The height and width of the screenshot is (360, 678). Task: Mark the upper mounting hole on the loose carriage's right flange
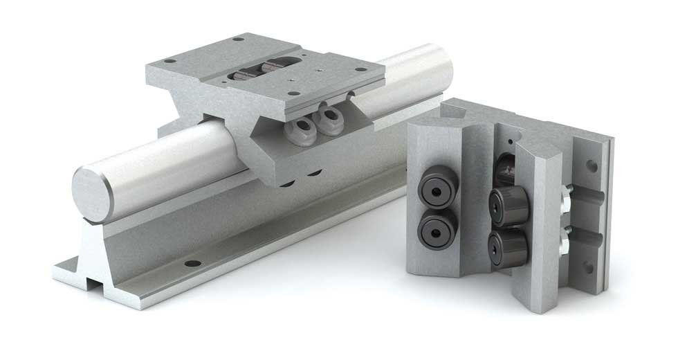592,166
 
